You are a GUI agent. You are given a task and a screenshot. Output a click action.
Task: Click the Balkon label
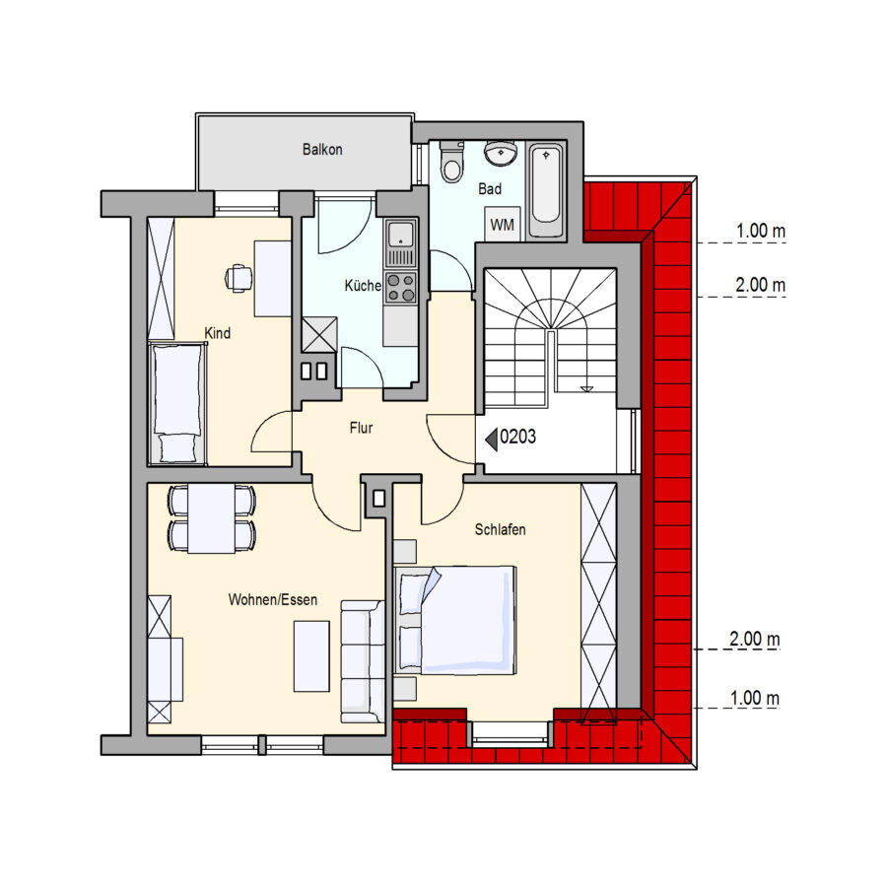322,150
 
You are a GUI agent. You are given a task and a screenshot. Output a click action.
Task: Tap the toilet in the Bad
451,162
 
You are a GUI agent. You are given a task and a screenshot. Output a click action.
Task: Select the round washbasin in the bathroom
501,154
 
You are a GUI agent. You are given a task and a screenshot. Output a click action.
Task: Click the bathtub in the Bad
546,190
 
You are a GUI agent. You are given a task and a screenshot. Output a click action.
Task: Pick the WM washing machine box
502,225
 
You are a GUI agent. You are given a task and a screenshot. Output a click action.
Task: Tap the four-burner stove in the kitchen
400,288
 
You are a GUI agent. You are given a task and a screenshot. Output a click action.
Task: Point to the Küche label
363,286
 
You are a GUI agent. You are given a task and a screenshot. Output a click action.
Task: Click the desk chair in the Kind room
239,278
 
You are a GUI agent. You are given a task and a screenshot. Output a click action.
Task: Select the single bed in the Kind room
177,403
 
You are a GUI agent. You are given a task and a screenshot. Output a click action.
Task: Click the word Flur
361,428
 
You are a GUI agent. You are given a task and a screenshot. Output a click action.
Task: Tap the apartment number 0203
517,437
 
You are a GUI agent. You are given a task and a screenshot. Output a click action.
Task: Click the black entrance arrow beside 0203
492,439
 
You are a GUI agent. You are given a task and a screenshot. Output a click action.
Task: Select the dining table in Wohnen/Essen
212,517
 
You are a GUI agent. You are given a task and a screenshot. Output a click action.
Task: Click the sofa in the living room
363,662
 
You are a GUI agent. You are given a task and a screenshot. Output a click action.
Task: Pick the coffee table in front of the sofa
311,656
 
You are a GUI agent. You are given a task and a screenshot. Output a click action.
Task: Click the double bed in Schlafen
454,620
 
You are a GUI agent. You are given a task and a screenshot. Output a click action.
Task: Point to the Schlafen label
500,529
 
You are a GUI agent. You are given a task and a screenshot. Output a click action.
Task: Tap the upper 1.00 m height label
760,231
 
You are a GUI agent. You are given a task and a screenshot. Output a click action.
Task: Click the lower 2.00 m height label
755,640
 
